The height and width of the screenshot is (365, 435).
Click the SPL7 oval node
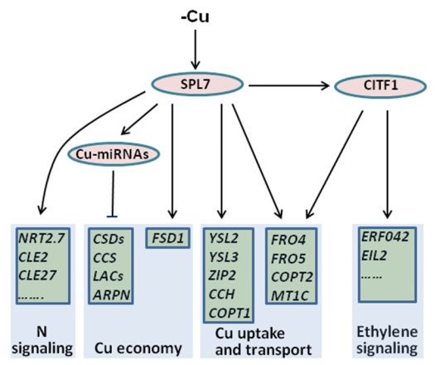pyautogui.click(x=197, y=84)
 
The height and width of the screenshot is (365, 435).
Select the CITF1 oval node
pyautogui.click(x=380, y=85)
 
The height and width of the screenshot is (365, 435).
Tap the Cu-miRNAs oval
pyautogui.click(x=114, y=154)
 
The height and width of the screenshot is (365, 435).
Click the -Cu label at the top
pyautogui.click(x=195, y=17)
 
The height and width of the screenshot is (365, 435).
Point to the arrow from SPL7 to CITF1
pyautogui.click(x=288, y=85)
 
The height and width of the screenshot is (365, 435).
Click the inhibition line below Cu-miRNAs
pyautogui.click(x=113, y=194)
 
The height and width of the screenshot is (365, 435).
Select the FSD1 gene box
pyautogui.click(x=168, y=238)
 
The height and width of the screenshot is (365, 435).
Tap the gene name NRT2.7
pyautogui.click(x=41, y=238)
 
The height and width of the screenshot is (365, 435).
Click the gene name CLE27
pyautogui.click(x=37, y=275)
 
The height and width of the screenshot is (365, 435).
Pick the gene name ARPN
pyautogui.click(x=112, y=295)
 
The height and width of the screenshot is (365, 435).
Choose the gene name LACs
pyautogui.click(x=109, y=276)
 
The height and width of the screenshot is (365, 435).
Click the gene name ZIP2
pyautogui.click(x=222, y=275)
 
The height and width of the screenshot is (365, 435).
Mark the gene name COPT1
pyautogui.click(x=230, y=313)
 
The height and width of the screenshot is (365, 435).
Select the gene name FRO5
pyautogui.click(x=288, y=259)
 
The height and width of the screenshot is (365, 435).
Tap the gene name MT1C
pyautogui.click(x=290, y=295)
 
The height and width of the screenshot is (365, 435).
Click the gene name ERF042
pyautogui.click(x=385, y=237)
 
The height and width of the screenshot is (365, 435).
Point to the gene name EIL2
pyautogui.click(x=374, y=255)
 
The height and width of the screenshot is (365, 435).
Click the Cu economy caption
pyautogui.click(x=138, y=348)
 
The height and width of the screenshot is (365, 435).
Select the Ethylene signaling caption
pyautogui.click(x=387, y=340)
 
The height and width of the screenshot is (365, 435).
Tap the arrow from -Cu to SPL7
pyautogui.click(x=196, y=50)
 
